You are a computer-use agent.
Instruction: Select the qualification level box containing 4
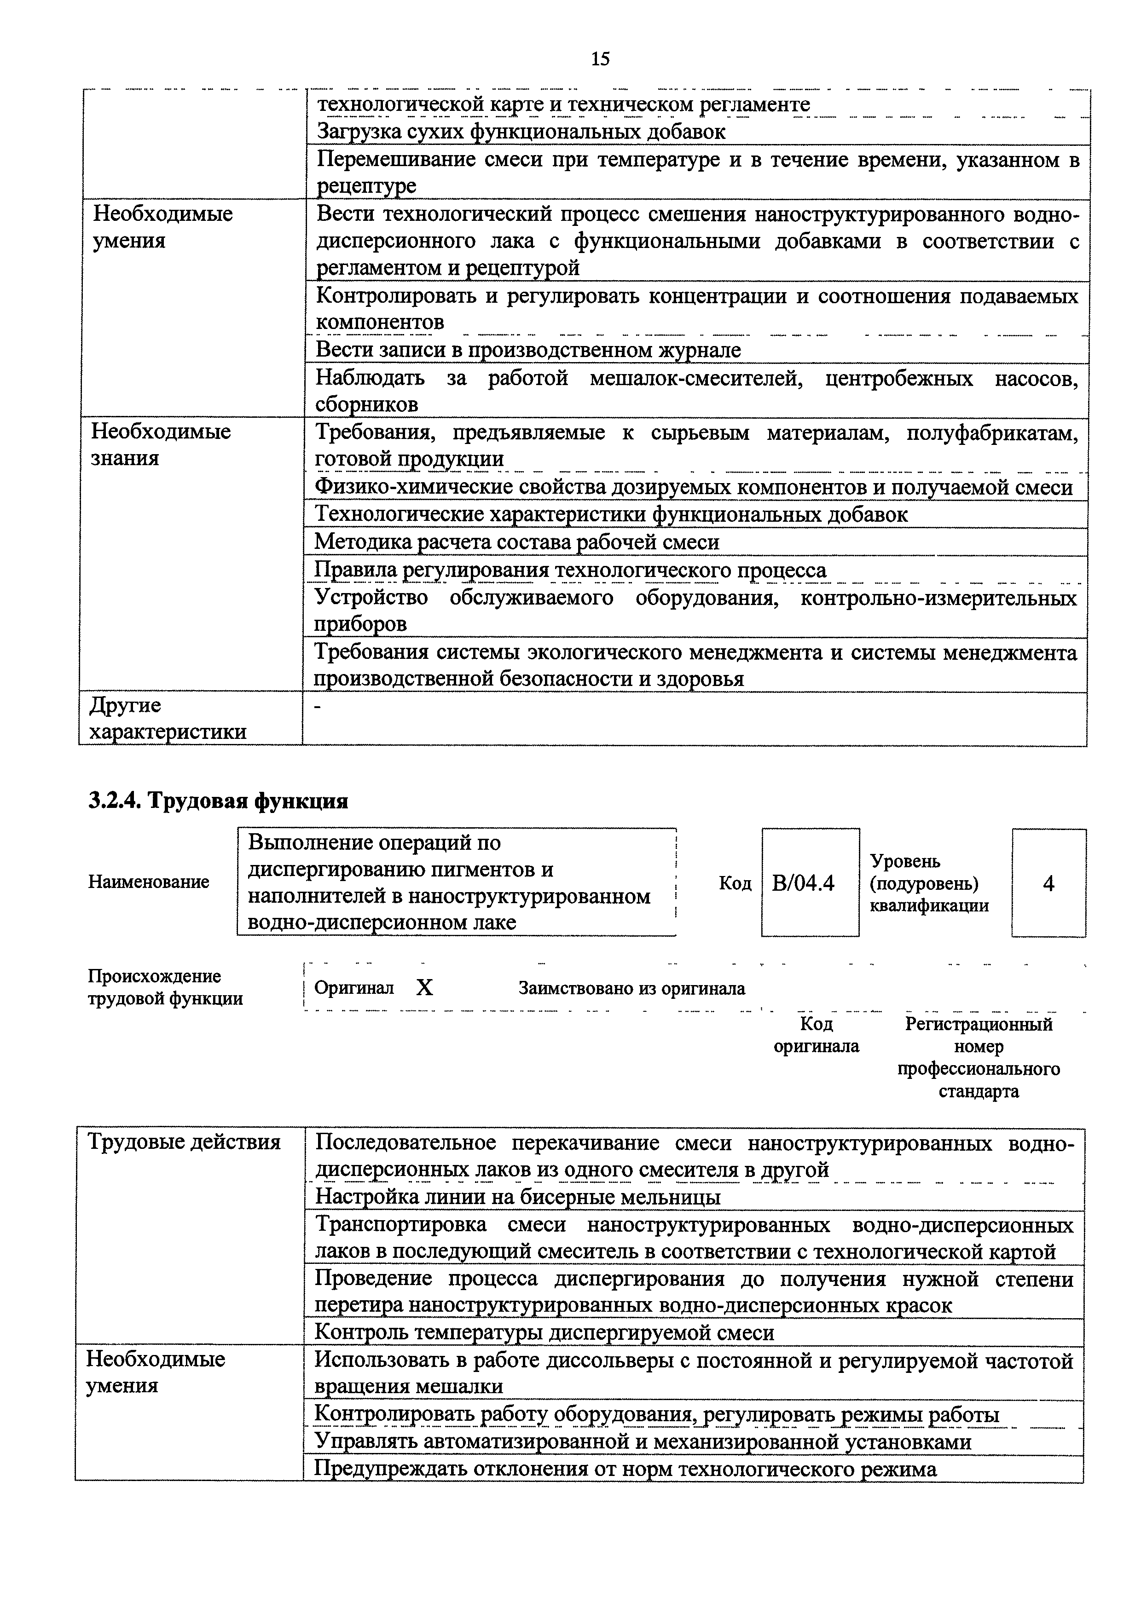click(x=1048, y=883)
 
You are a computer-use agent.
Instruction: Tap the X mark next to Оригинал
click(x=425, y=988)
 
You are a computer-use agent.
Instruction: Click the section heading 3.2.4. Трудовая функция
click(x=218, y=801)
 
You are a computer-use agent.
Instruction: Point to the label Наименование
click(x=148, y=882)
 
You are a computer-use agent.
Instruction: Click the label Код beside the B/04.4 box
click(x=735, y=883)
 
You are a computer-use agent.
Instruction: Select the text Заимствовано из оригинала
click(x=631, y=988)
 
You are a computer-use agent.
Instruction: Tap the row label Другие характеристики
click(x=168, y=718)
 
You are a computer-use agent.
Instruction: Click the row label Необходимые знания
click(x=161, y=444)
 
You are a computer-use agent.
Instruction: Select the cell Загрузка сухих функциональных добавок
click(x=521, y=132)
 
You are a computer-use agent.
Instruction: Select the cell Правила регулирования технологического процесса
click(x=570, y=570)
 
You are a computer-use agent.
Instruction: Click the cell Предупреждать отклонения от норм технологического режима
click(x=625, y=1469)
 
